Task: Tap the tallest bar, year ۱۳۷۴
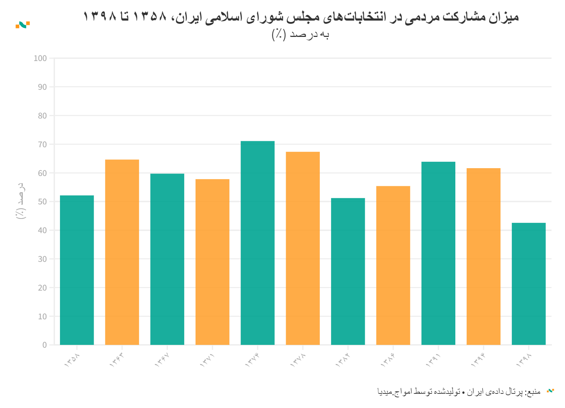[x=257, y=243]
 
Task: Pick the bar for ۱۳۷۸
[x=302, y=248]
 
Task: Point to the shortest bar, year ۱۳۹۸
[x=528, y=283]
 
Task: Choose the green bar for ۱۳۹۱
[x=438, y=253]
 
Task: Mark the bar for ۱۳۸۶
[x=393, y=265]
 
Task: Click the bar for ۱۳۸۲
[x=348, y=271]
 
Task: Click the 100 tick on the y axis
[x=40, y=58]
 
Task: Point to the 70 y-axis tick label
[x=42, y=144]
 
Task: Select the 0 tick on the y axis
[x=44, y=345]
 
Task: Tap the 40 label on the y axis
[x=42, y=230]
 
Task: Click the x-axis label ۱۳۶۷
[x=162, y=359]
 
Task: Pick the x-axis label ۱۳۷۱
[x=207, y=359]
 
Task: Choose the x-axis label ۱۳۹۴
[x=478, y=359]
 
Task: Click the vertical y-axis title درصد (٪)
[x=21, y=201]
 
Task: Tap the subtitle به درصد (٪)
[x=300, y=34]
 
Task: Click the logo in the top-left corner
[x=23, y=25]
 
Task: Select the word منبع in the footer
[x=534, y=392]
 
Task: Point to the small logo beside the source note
[x=550, y=391]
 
